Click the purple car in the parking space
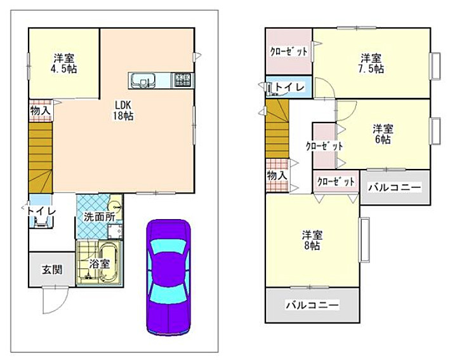(x=168, y=276)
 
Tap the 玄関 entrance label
(x=52, y=269)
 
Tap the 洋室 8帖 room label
(x=311, y=239)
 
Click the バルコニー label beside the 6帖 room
(x=394, y=187)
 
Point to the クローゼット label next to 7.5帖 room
(x=289, y=51)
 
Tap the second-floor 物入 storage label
(x=277, y=175)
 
